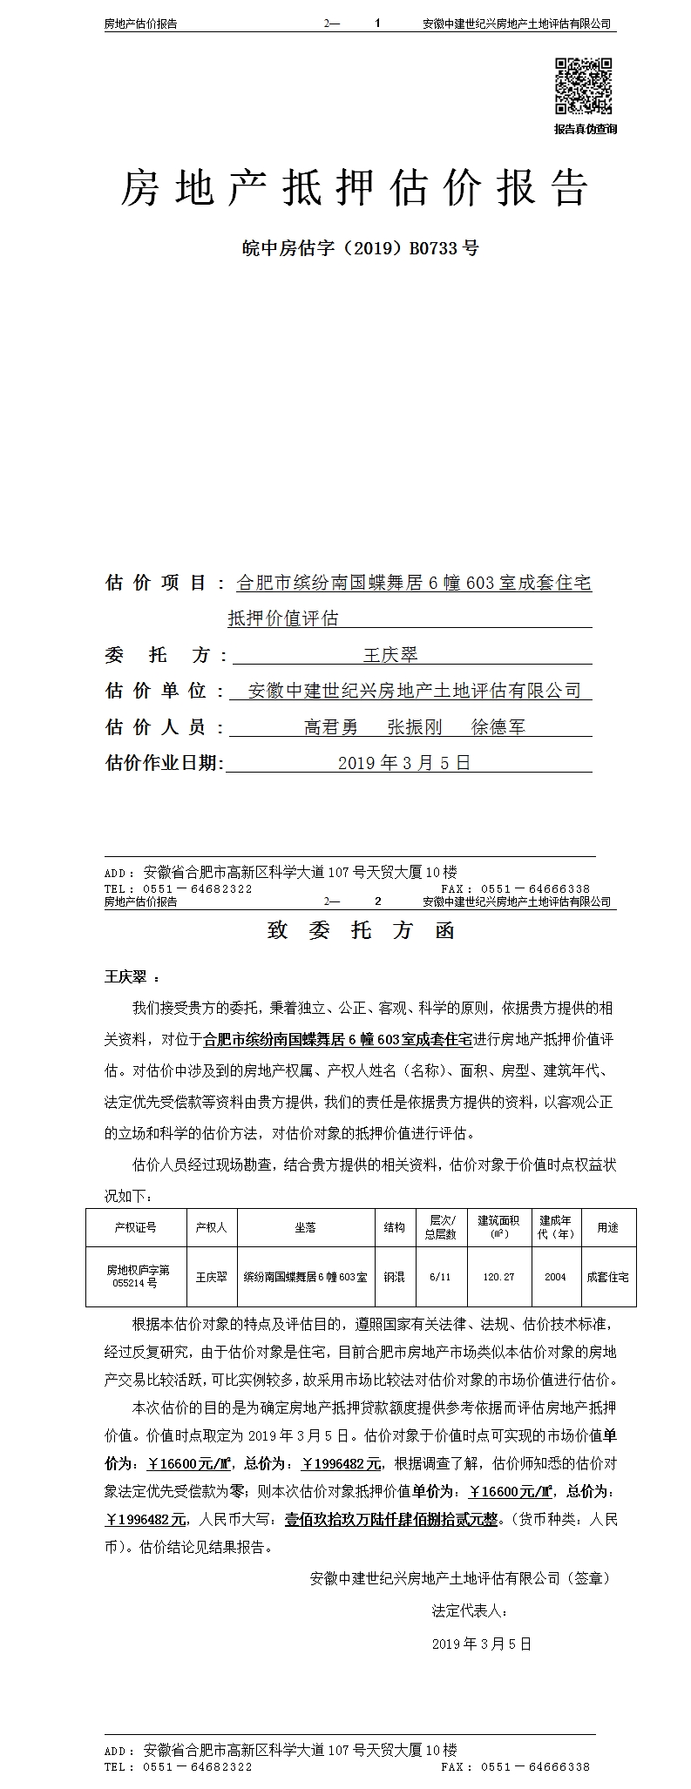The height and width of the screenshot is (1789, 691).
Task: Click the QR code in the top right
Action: [x=584, y=85]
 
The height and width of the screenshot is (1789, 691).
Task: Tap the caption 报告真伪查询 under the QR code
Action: [x=585, y=129]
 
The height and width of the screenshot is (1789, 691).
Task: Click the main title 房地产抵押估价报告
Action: [x=354, y=187]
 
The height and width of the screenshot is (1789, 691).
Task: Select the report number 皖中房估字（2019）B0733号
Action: [x=360, y=248]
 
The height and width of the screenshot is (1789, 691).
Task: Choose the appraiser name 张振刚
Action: [x=415, y=727]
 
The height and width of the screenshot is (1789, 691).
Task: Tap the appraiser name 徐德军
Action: [x=498, y=727]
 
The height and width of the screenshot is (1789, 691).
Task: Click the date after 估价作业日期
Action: [x=403, y=763]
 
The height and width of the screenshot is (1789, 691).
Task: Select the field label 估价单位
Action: [x=155, y=691]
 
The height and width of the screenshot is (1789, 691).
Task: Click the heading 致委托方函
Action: [x=360, y=930]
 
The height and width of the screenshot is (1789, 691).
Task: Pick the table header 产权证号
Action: [x=135, y=1227]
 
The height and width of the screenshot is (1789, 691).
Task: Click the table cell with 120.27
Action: [x=498, y=1277]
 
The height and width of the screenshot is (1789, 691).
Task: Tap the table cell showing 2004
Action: [x=555, y=1277]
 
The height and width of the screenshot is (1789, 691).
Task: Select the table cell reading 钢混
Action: [x=395, y=1277]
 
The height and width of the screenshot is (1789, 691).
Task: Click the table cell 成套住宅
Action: [x=607, y=1277]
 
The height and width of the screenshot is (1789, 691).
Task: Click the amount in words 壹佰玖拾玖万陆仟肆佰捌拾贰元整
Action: [x=391, y=1520]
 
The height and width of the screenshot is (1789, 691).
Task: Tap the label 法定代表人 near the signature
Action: [x=469, y=1611]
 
